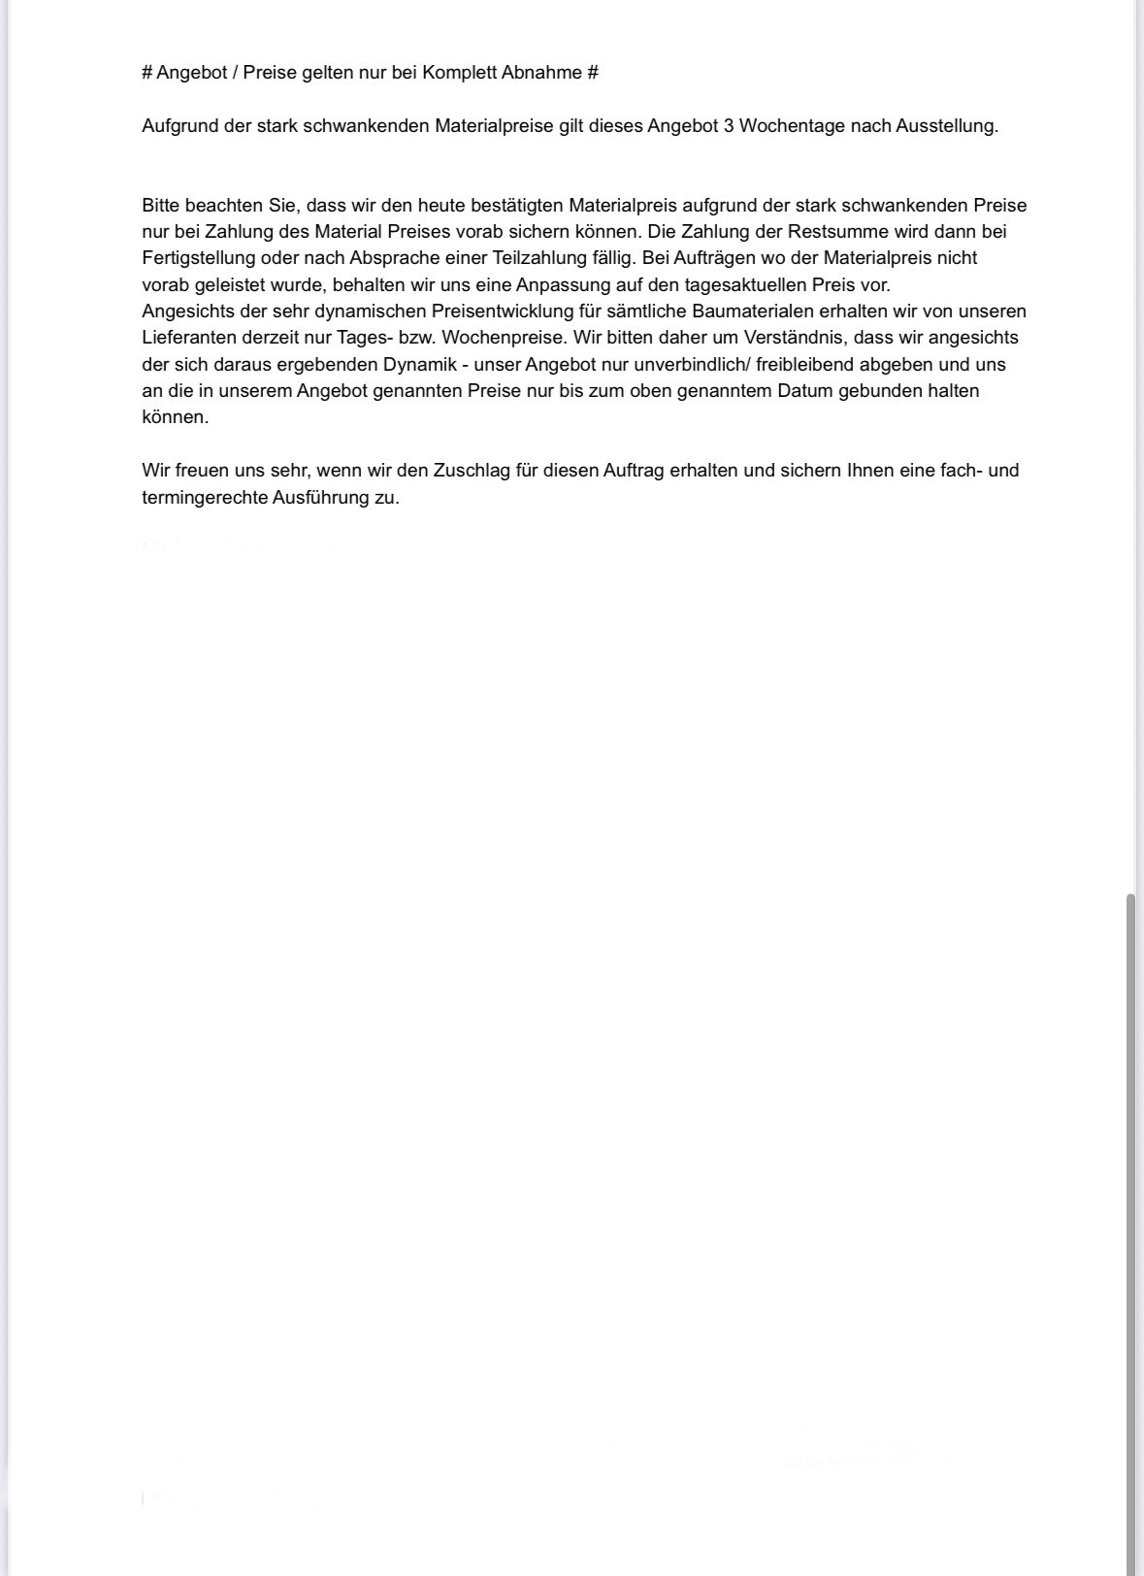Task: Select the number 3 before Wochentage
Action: click(x=729, y=126)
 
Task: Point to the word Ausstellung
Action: click(x=946, y=126)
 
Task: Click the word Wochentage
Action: click(x=792, y=126)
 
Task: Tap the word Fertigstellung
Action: click(x=199, y=258)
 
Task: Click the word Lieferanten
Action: click(x=189, y=338)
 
